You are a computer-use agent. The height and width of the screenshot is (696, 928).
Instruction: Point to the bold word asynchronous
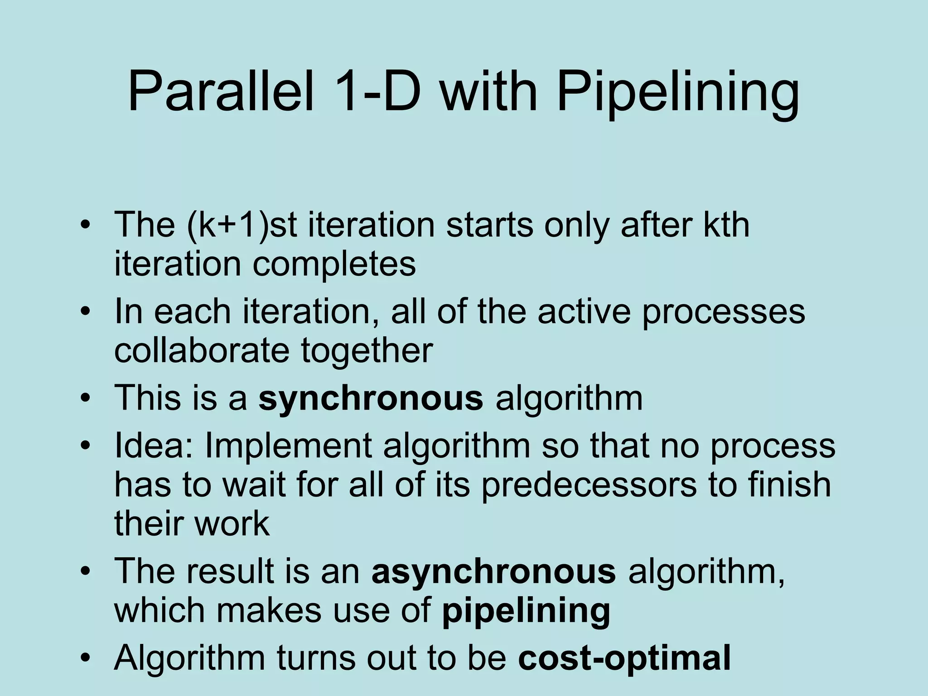point(493,571)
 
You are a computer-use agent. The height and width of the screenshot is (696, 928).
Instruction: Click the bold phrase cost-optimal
point(624,657)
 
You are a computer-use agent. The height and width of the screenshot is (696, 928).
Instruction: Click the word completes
point(334,265)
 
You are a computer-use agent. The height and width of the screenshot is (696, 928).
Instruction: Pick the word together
point(367,352)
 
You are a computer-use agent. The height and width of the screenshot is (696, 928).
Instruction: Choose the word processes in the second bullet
point(723,313)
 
